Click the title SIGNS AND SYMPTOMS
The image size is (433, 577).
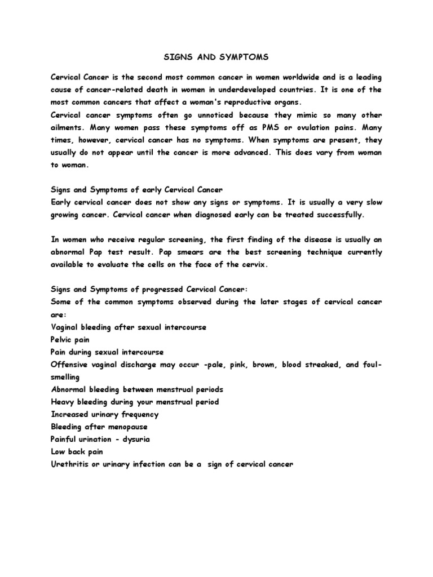click(216, 57)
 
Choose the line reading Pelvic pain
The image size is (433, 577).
click(71, 339)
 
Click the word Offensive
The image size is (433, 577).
click(71, 365)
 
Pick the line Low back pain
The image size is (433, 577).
click(76, 451)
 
